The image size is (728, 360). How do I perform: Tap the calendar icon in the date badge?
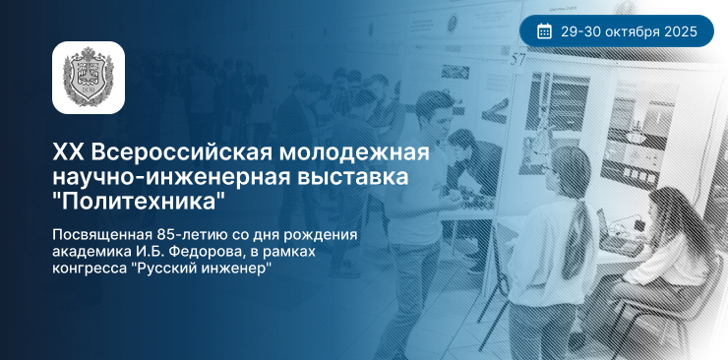coord(545,32)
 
